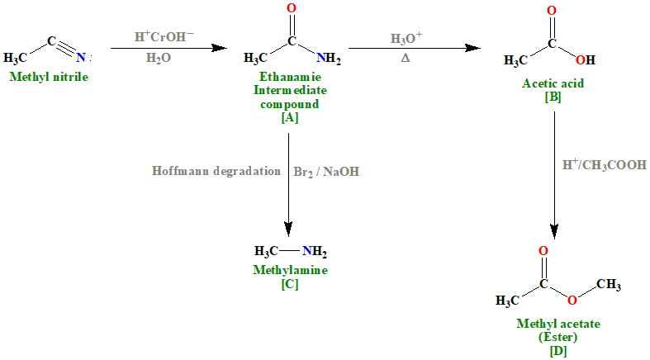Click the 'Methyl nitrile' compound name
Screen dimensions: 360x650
(x=48, y=77)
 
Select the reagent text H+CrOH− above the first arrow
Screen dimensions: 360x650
(x=165, y=37)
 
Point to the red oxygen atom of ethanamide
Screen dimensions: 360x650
(x=291, y=9)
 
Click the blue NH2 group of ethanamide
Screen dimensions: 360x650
(x=328, y=59)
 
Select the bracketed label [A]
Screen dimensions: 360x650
(x=290, y=117)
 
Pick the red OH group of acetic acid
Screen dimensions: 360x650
(x=584, y=59)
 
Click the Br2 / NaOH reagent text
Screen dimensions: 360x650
(x=327, y=172)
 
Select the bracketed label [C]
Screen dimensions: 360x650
(x=290, y=283)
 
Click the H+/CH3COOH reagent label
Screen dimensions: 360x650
(x=604, y=164)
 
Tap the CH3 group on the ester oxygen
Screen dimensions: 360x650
(x=609, y=284)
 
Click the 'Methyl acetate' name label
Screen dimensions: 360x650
(x=558, y=324)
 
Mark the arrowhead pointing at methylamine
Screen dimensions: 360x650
(x=290, y=232)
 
